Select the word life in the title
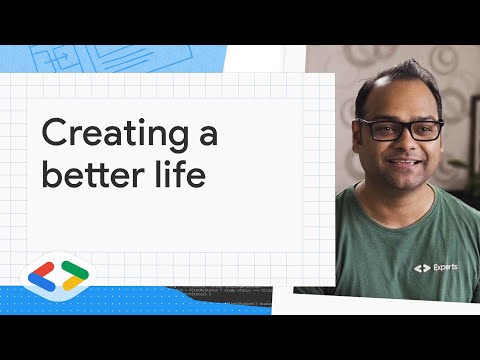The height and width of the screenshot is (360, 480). click(178, 175)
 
